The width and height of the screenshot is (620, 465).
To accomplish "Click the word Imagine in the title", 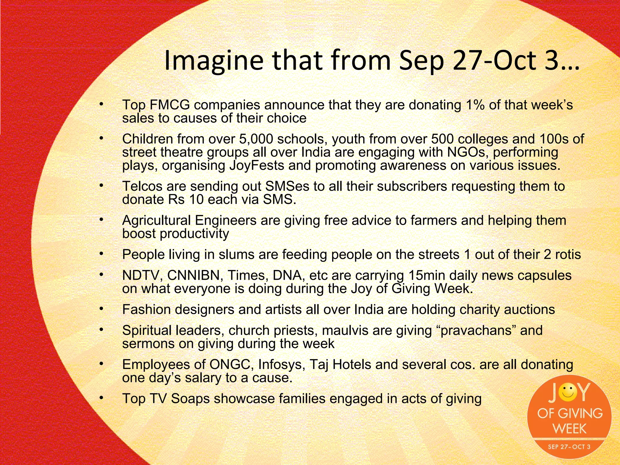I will (213, 61).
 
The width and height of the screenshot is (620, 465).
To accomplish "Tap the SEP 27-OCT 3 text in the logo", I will (569, 447).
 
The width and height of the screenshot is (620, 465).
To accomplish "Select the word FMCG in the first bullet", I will (170, 105).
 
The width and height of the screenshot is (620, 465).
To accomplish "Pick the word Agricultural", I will (157, 220).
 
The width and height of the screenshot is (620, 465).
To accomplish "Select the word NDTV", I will (141, 275).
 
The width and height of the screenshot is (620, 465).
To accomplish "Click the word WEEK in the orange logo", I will (569, 429).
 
